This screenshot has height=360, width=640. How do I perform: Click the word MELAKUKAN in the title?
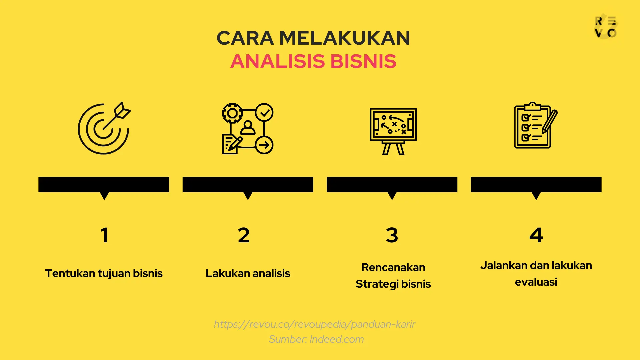(x=345, y=38)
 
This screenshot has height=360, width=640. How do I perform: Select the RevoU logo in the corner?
(x=606, y=27)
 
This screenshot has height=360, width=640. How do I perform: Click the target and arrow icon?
(x=104, y=128)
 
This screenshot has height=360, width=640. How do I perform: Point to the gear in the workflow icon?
(x=232, y=113)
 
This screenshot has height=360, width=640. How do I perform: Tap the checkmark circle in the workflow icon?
(x=264, y=113)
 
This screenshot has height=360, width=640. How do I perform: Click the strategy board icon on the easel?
(x=393, y=131)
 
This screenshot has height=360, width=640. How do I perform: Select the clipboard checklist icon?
(x=533, y=126)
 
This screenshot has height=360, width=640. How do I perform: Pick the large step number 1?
(x=104, y=235)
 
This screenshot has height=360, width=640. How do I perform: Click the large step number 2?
(x=244, y=235)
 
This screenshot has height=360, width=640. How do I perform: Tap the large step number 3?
(x=392, y=235)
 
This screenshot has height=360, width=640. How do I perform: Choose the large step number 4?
(x=536, y=235)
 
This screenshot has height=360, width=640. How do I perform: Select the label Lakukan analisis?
(x=248, y=273)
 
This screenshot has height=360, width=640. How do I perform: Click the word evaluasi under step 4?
(x=536, y=282)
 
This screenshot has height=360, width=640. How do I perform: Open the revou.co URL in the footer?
(x=314, y=324)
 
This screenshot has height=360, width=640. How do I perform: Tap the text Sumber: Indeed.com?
(x=316, y=339)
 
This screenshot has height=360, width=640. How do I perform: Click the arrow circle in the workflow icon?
(x=264, y=145)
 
